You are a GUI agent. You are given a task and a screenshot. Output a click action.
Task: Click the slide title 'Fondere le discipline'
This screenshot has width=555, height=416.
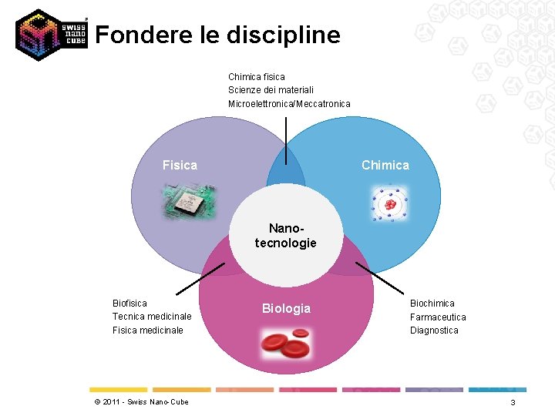click(x=217, y=35)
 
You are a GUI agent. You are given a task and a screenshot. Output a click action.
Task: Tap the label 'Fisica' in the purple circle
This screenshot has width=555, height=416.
click(x=180, y=165)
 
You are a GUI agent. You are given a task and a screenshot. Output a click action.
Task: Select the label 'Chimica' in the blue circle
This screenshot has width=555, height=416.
click(x=385, y=165)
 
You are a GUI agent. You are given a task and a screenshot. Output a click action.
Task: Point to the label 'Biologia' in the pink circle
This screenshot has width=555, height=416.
click(x=286, y=308)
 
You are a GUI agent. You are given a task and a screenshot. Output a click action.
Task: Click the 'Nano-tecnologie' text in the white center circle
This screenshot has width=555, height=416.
click(x=286, y=236)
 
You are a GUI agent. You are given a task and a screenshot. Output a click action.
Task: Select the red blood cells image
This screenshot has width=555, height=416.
click(x=286, y=344)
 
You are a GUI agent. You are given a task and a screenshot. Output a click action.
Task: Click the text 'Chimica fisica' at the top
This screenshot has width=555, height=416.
click(x=257, y=77)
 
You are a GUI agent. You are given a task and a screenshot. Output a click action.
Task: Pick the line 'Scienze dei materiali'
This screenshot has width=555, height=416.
click(x=271, y=90)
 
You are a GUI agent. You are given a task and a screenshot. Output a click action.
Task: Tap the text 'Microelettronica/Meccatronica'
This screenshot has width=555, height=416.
click(x=289, y=104)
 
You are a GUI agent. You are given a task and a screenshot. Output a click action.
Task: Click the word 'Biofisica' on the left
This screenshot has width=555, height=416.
click(x=129, y=304)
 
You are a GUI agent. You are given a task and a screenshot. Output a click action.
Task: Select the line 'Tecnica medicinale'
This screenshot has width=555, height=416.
click(x=152, y=317)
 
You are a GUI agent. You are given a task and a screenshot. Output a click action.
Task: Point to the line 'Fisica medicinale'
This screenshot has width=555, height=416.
click(x=148, y=330)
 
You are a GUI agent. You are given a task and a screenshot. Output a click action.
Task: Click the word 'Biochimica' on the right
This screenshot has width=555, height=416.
click(x=432, y=304)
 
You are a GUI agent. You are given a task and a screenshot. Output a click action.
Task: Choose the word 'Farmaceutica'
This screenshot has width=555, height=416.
click(x=438, y=317)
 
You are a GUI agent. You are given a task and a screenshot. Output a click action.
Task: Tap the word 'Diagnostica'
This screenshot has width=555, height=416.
click(x=434, y=330)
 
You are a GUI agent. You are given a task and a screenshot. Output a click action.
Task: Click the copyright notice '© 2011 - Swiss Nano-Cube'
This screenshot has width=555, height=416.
click(x=141, y=402)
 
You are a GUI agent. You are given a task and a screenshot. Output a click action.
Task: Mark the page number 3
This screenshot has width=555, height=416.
click(x=513, y=403)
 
